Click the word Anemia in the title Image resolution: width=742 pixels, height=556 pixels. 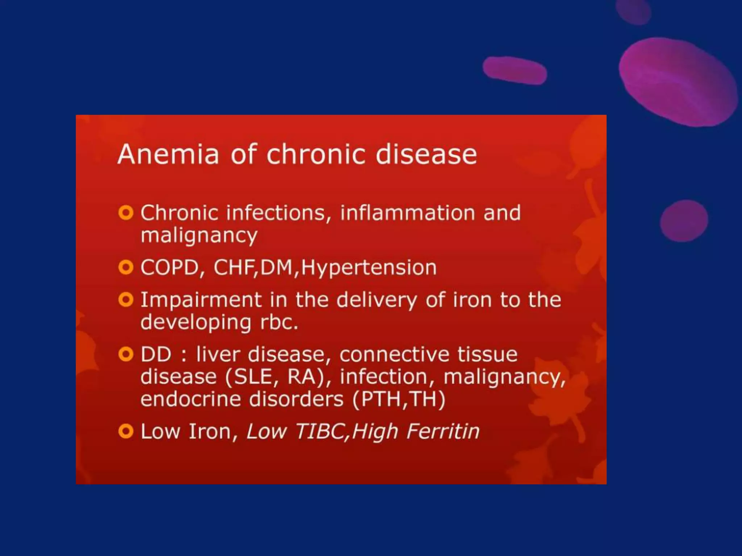tap(168, 155)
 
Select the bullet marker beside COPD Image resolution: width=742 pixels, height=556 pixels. tap(126, 268)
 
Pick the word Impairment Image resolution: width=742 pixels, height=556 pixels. tap(201, 300)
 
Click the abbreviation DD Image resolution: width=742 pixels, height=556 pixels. tap(156, 354)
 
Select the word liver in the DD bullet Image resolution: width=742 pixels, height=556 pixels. tap(218, 354)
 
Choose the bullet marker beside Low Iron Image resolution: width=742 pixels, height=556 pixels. tap(126, 431)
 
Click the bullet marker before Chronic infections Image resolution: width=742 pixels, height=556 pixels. tap(126, 213)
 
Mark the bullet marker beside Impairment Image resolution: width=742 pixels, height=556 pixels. tap(126, 300)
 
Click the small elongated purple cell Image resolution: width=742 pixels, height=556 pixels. tap(514, 70)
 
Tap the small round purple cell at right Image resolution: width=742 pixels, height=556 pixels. tap(684, 220)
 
